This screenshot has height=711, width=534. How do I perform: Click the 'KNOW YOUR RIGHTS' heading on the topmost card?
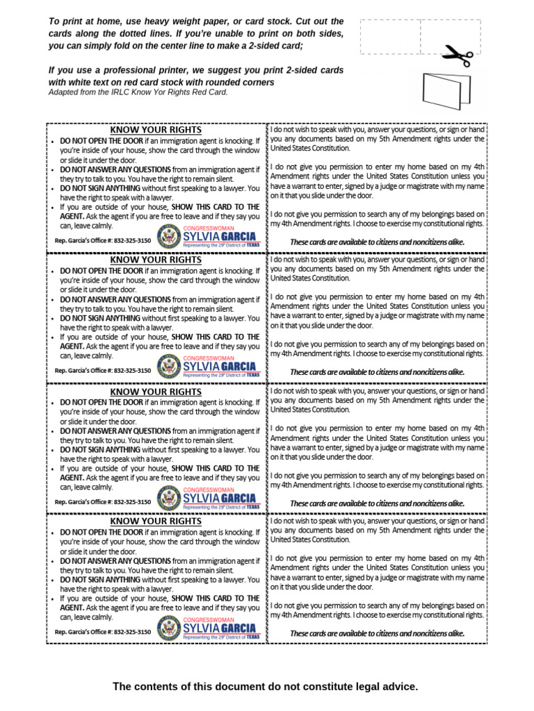point(156,130)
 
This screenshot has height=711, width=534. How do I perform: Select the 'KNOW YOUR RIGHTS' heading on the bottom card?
point(156,521)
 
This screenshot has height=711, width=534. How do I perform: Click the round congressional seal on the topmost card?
point(169,237)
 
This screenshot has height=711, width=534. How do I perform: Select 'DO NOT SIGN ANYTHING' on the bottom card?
point(100,579)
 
